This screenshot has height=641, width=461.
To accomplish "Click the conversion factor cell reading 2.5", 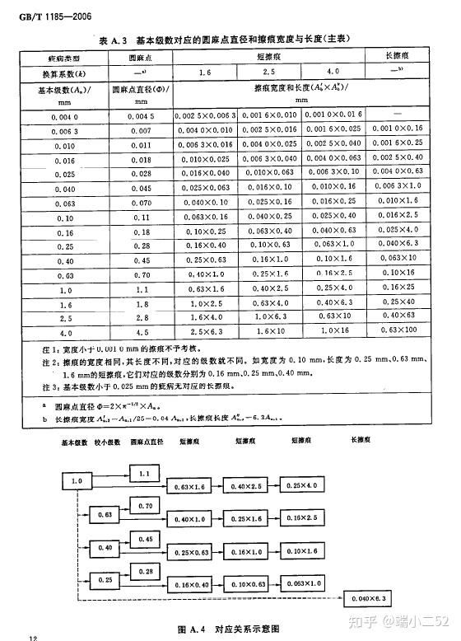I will pyautogui.click(x=268, y=73).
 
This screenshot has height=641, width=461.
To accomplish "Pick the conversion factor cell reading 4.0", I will pyautogui.click(x=333, y=73).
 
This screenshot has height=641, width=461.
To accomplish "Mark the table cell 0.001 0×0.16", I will pyautogui.click(x=403, y=131).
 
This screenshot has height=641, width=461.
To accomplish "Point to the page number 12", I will pyautogui.click(x=33, y=636).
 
